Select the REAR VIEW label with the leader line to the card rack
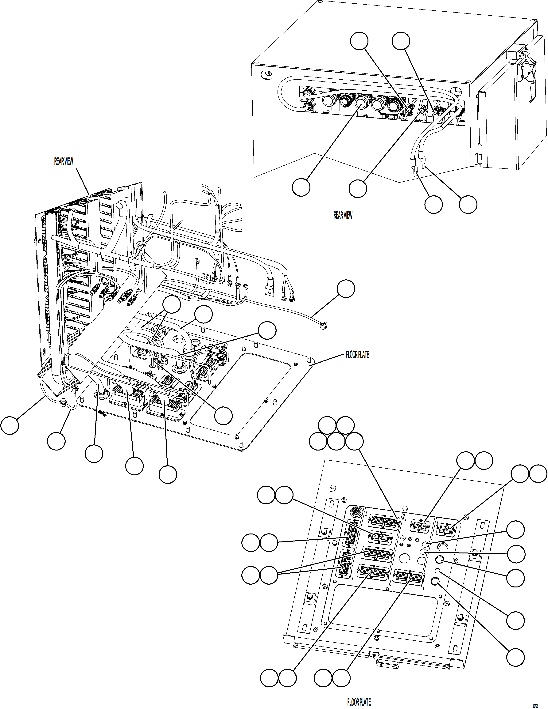coord(64,161)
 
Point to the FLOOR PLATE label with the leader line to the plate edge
coord(357,355)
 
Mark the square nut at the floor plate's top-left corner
coord(332,488)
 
